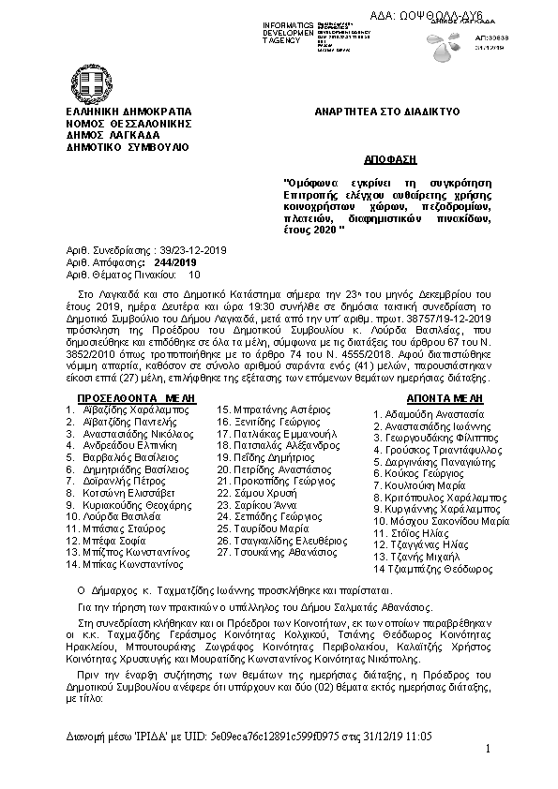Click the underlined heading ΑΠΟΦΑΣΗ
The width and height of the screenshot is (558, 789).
tap(388, 160)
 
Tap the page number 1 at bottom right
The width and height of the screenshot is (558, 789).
tap(489, 750)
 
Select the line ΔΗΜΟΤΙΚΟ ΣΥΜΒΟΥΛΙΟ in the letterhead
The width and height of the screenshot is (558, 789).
tap(126, 147)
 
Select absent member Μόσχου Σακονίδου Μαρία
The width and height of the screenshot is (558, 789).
tap(441, 520)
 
